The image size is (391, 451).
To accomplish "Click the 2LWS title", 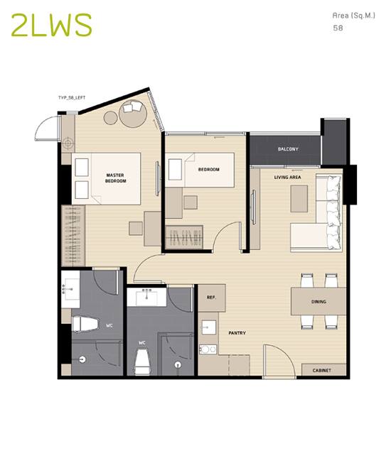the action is point(51,25).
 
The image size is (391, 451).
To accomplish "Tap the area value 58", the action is point(338,28).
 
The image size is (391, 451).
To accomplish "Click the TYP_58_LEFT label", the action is point(72,98).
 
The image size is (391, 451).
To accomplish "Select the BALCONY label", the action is point(288,149).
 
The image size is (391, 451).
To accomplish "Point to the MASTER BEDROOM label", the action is point(115,178).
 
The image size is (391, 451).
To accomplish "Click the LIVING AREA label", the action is point(287,177).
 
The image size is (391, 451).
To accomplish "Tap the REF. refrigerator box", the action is point(212,298).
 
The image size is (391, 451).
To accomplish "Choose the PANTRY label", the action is point(237,333).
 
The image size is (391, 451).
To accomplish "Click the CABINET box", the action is point(323,370).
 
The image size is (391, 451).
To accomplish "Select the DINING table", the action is point(318,301).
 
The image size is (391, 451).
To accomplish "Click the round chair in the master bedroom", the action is point(133,114).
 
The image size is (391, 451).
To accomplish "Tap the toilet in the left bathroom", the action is point(85,324).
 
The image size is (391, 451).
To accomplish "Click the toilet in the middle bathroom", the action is point(142,362).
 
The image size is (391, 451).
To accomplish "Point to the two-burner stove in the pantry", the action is point(208,349).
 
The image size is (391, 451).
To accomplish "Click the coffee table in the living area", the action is point(299,199).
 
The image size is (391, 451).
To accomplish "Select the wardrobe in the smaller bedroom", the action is point(184,237).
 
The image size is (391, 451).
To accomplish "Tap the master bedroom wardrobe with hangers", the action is point(73,236).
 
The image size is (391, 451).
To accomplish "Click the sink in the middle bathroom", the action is point(147,297).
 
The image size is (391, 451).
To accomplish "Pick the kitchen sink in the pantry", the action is point(209,327).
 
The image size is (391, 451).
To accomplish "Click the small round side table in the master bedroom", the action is point(111,118).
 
